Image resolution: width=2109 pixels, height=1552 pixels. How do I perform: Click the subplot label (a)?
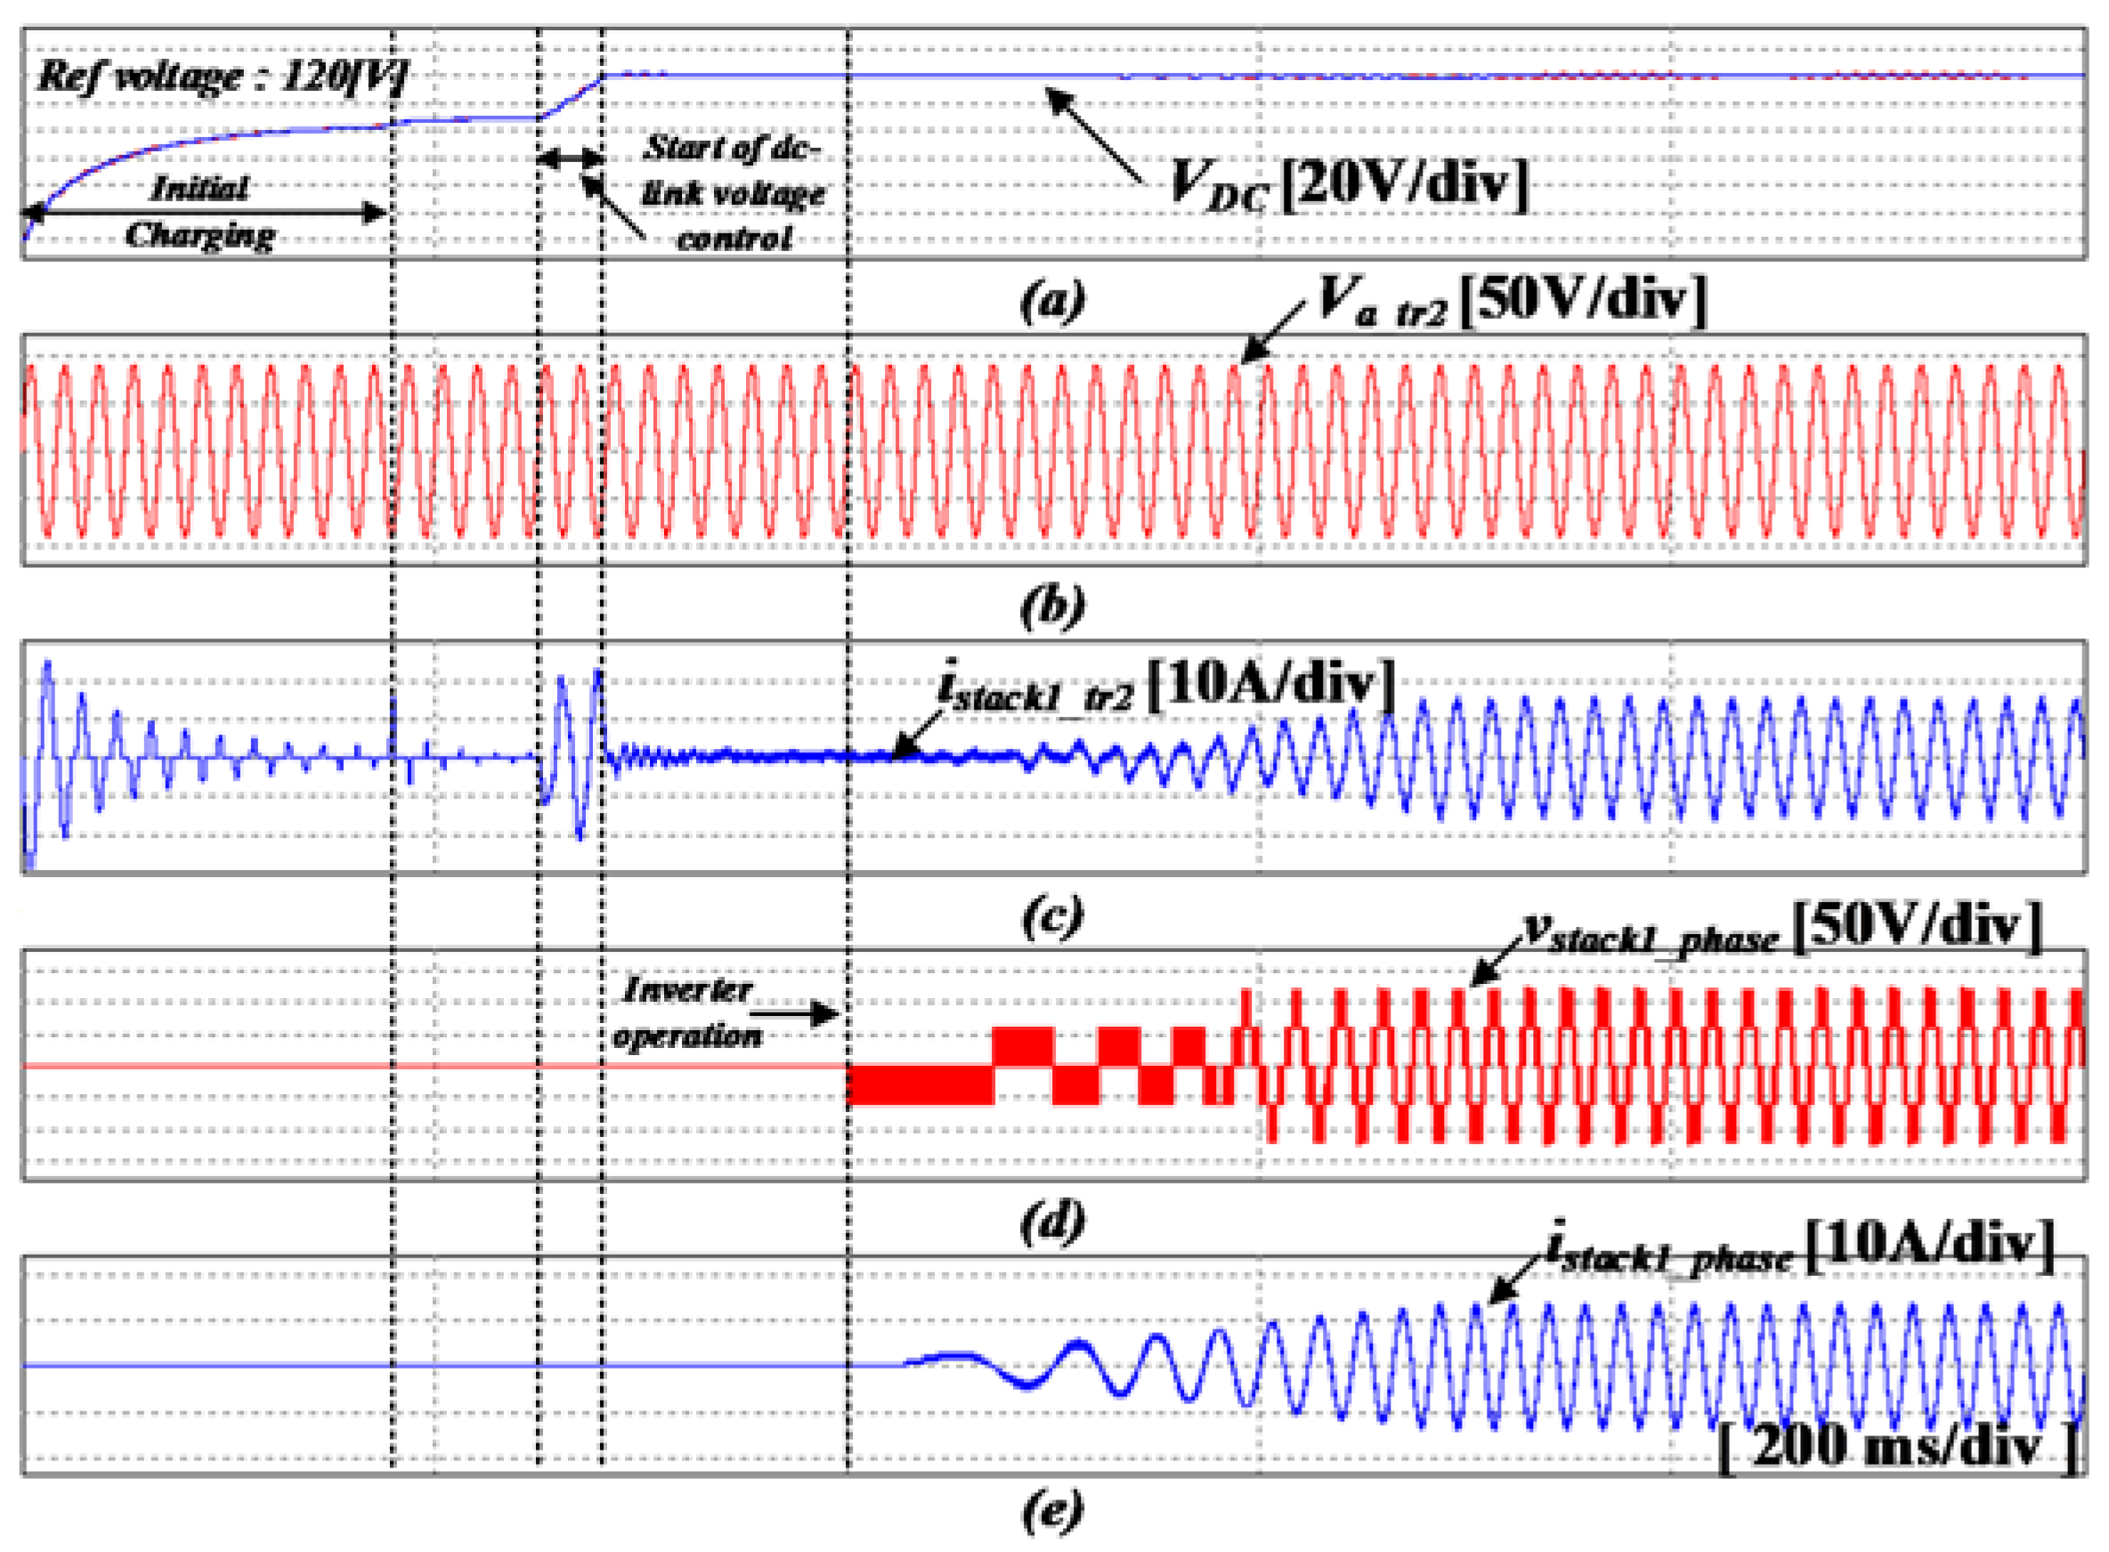pyautogui.click(x=1052, y=301)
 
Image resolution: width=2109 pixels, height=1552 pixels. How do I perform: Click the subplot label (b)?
pyautogui.click(x=1052, y=607)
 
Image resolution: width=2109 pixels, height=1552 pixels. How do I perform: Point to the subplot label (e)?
pyautogui.click(x=1052, y=1511)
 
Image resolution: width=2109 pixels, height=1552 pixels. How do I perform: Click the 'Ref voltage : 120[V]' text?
pyautogui.click(x=222, y=76)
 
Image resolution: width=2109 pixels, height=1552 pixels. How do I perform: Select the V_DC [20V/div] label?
pyautogui.click(x=1348, y=183)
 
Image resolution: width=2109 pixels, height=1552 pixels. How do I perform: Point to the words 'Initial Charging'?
pyautogui.click(x=200, y=211)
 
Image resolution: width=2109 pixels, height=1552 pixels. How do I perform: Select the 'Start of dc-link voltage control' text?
pyautogui.click(x=733, y=192)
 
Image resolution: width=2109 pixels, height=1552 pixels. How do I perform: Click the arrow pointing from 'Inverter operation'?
pyautogui.click(x=794, y=1013)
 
